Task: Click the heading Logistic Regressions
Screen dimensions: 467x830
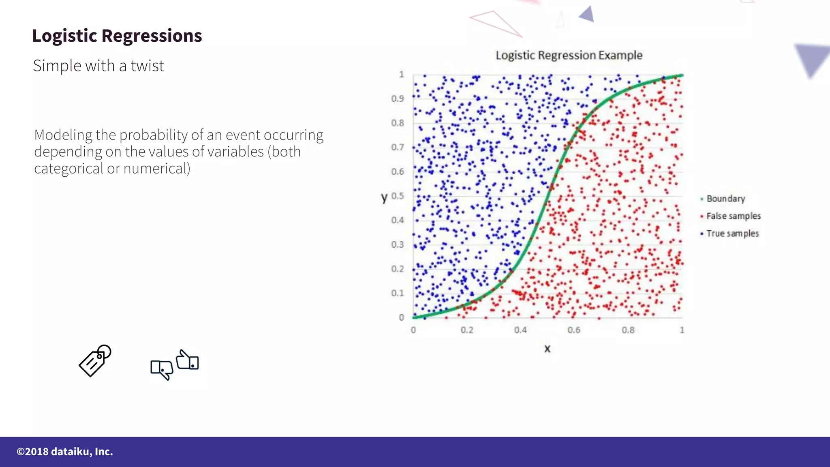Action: [x=117, y=36]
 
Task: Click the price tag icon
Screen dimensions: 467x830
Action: [x=95, y=361]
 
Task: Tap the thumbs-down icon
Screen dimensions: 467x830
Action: [x=162, y=369]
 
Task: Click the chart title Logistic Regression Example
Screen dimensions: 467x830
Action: [x=569, y=55]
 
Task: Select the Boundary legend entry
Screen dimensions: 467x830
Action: [x=725, y=199]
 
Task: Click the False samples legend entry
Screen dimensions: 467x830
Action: [x=733, y=216]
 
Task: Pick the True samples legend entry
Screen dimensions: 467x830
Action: [x=732, y=233]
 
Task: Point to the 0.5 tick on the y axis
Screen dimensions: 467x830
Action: [x=398, y=196]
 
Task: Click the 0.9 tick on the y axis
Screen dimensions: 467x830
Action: [x=398, y=99]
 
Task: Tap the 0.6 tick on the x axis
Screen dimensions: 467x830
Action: [x=574, y=330]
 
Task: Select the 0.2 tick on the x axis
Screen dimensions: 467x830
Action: [x=467, y=330]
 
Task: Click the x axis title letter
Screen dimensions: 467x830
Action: [x=547, y=349]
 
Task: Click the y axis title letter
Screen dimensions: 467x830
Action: [x=384, y=197]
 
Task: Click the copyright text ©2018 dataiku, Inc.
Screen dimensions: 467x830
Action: [x=65, y=452]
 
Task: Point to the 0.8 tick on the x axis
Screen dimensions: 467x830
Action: [x=628, y=330]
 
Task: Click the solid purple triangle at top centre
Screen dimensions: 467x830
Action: [x=588, y=15]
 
